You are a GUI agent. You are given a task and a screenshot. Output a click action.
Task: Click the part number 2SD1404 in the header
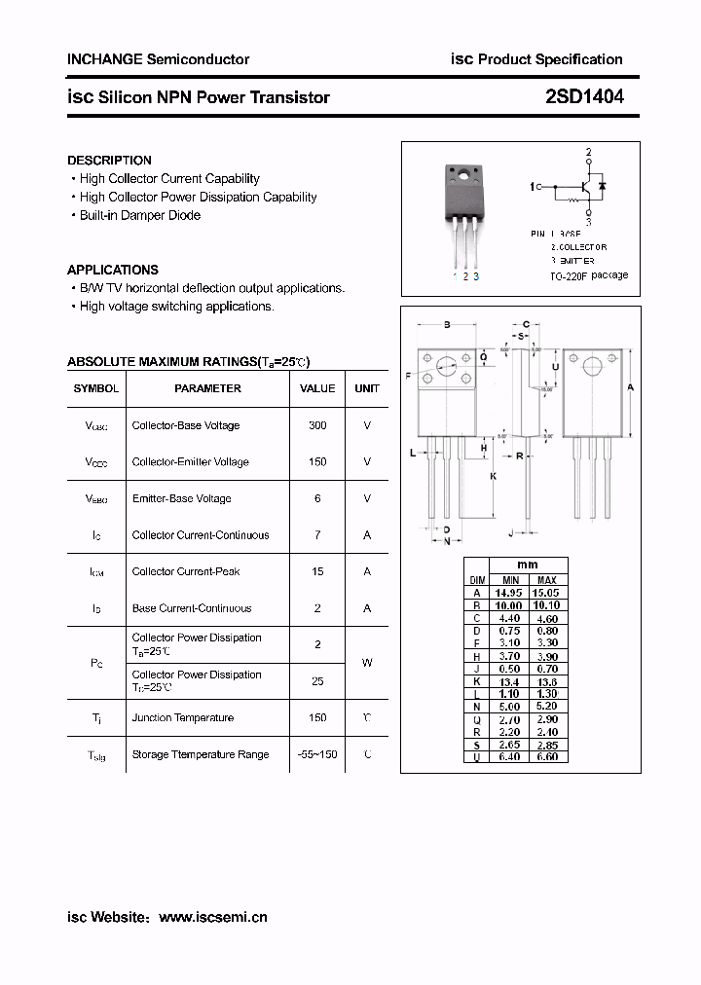[x=584, y=96]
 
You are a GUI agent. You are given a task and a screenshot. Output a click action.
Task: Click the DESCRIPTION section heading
[x=109, y=161]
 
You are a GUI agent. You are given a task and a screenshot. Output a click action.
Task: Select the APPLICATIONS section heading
[x=112, y=270]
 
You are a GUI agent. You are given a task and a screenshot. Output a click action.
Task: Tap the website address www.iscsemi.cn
[x=212, y=917]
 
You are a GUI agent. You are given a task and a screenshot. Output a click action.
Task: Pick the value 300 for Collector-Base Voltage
[x=317, y=425]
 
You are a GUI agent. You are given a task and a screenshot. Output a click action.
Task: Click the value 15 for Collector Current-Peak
[x=317, y=571]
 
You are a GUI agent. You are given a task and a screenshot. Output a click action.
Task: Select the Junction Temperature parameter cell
[x=183, y=717]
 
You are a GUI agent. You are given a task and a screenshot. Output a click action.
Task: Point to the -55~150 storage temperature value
[x=317, y=754]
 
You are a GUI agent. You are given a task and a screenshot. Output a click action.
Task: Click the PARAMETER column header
[x=207, y=388]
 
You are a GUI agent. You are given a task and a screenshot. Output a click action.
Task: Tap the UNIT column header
[x=367, y=388]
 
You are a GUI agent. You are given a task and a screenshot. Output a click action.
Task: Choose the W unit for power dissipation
[x=367, y=663]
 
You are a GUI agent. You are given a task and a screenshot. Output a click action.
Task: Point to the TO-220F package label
[x=589, y=275]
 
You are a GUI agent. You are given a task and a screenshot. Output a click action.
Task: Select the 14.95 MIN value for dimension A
[x=508, y=592]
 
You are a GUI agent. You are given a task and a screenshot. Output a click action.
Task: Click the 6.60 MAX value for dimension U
[x=547, y=756]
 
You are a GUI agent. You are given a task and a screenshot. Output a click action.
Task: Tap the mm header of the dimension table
[x=528, y=565]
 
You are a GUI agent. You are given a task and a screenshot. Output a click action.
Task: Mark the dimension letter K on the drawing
[x=494, y=476]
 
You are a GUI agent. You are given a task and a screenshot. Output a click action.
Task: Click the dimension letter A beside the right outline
[x=631, y=387]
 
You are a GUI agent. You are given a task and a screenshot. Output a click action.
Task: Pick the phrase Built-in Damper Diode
[x=140, y=215]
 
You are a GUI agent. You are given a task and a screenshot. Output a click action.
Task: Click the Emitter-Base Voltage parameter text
[x=182, y=498]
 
